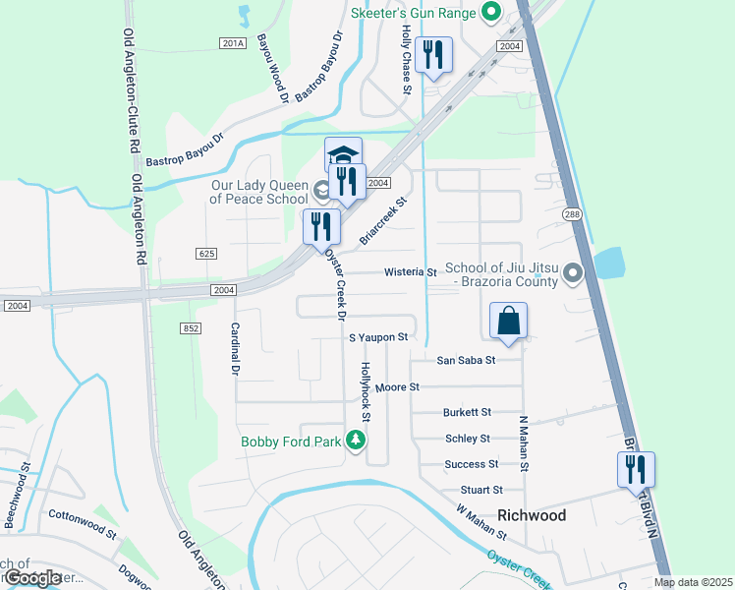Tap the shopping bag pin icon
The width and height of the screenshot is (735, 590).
point(509,322)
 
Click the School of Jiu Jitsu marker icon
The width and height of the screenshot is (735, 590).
point(575,274)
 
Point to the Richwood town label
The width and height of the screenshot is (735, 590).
point(532,515)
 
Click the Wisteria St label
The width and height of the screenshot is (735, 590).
point(410,271)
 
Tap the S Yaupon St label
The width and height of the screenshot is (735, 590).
point(378,337)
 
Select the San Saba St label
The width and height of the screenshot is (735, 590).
point(467,360)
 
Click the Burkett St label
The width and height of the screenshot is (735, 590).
point(467,413)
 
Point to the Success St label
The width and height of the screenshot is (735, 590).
point(472,464)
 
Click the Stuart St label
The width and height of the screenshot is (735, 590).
point(481,490)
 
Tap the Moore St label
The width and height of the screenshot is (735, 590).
point(398,388)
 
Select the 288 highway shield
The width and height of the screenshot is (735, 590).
point(571,213)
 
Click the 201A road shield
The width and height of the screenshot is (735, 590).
point(232,43)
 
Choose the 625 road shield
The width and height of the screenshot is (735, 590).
point(205,254)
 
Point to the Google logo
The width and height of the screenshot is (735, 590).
point(32,578)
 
